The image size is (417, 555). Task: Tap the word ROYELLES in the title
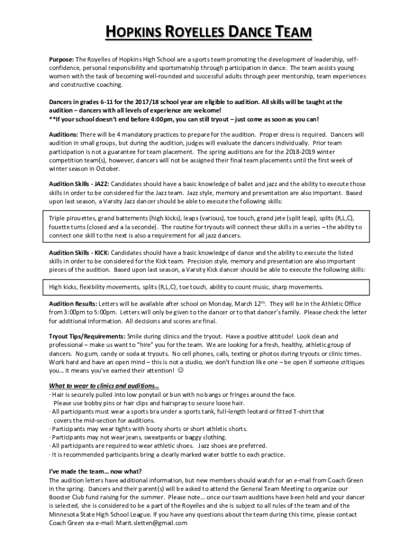[189, 34]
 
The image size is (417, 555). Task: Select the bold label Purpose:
[61, 59]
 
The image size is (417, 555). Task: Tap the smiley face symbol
[180, 371]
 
